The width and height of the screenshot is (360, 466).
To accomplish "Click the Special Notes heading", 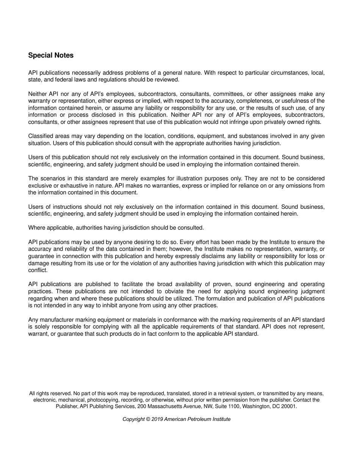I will [x=51, y=55].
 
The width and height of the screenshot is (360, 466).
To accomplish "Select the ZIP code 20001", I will [x=289, y=407].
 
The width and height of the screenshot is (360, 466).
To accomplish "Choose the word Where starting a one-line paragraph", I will [x=36, y=228].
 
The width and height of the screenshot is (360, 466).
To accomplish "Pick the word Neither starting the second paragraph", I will [x=37, y=94].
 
